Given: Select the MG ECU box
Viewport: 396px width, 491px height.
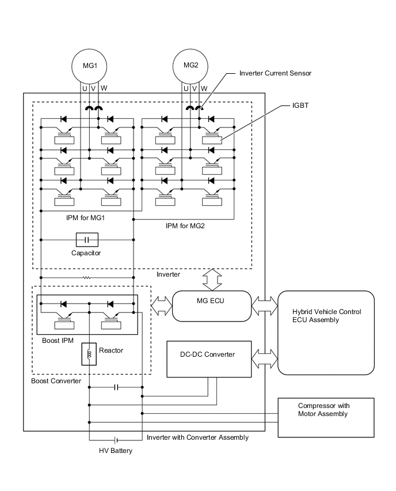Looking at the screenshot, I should [x=212, y=305].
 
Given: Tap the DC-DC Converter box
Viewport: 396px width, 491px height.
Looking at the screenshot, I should [x=208, y=359].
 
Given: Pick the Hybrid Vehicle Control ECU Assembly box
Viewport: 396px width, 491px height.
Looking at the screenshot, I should [x=326, y=333].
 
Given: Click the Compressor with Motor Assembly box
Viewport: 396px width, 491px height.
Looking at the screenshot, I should [x=326, y=417].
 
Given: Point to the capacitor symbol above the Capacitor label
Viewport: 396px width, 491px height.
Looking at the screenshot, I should [x=87, y=239].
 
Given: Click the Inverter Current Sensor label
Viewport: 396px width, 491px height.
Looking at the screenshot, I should [x=275, y=74].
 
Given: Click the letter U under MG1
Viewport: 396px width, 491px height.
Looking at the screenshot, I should [x=84, y=89].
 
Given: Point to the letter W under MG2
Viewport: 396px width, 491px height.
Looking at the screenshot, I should [x=204, y=89].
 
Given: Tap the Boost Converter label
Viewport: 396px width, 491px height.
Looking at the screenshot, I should [x=56, y=381].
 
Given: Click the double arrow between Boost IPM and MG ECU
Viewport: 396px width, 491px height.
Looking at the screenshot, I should [x=161, y=302].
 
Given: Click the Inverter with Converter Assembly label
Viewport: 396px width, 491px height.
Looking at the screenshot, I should [x=197, y=437].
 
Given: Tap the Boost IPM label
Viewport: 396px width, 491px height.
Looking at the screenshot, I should [x=58, y=340].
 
